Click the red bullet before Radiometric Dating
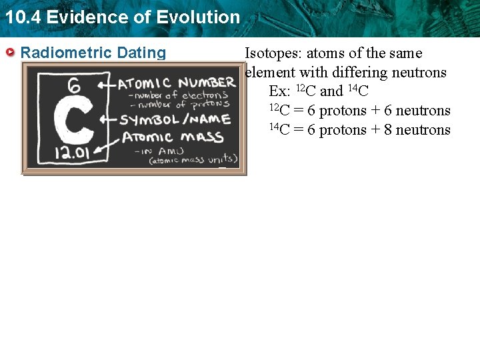[x=10, y=53]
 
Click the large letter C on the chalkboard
[x=73, y=121]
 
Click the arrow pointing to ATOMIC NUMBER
[x=105, y=85]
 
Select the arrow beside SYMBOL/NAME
[x=108, y=121]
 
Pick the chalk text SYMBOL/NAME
[x=175, y=120]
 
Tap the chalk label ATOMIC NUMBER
[x=177, y=83]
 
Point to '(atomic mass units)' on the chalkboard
[x=193, y=160]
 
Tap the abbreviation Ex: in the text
[x=279, y=91]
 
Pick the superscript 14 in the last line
[x=274, y=125]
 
